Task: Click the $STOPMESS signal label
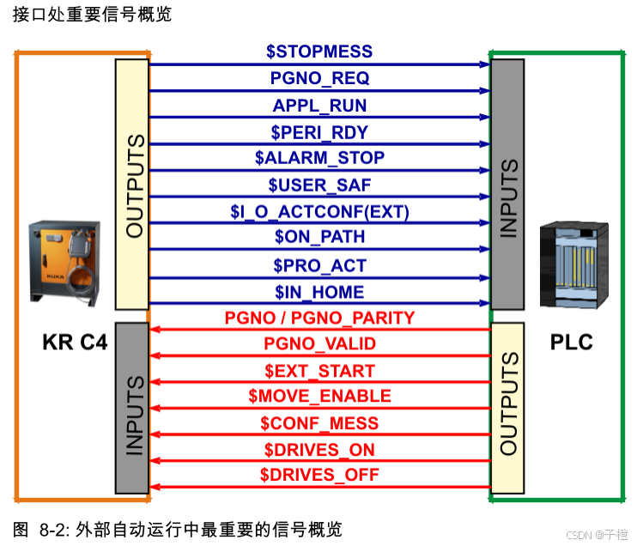[x=319, y=52]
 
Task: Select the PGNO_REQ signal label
[x=319, y=78]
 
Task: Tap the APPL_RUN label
[x=319, y=106]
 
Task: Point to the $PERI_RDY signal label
[x=319, y=132]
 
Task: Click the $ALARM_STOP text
[x=319, y=158]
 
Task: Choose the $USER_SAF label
[x=319, y=185]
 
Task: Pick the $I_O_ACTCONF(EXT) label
[x=319, y=211]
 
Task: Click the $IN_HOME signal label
[x=319, y=292]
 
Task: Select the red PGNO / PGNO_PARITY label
[x=319, y=318]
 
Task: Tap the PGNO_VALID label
[x=319, y=344]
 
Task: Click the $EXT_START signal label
[x=319, y=371]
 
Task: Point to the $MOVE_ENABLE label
[x=319, y=396]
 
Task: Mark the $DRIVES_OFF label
[x=319, y=475]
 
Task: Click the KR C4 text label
[x=75, y=343]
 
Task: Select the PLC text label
[x=571, y=343]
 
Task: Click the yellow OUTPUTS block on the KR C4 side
[x=132, y=185]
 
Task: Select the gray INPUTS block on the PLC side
[x=507, y=185]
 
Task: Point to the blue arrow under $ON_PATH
[x=319, y=250]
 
